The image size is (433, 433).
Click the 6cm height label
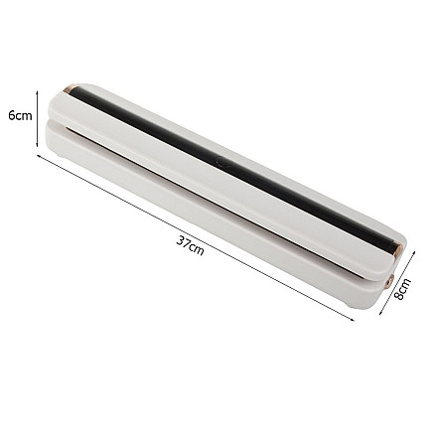(20, 116)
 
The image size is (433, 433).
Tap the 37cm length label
(190, 245)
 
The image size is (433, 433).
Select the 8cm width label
(402, 288)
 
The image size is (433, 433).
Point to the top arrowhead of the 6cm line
(37, 93)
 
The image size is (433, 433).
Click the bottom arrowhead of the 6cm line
(37, 144)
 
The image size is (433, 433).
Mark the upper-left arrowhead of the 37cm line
(40, 156)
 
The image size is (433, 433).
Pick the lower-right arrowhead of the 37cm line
(352, 319)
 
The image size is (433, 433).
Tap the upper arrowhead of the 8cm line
(413, 253)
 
